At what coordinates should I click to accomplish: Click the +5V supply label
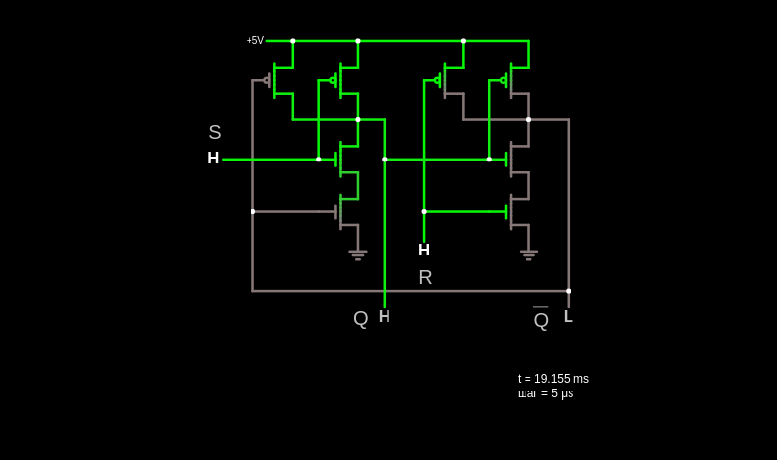[x=255, y=41]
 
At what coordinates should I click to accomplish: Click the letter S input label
[x=215, y=132]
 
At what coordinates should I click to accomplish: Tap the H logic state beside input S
[x=213, y=158]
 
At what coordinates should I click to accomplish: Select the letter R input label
[x=425, y=277]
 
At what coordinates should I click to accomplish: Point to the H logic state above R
[x=424, y=250]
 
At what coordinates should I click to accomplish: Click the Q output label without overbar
[x=361, y=318]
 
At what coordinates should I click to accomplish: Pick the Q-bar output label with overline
[x=541, y=319]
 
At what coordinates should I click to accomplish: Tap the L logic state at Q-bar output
[x=569, y=316]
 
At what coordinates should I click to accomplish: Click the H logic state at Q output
[x=385, y=316]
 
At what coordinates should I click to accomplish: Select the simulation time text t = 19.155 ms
[x=553, y=379]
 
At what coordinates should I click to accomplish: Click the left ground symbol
[x=358, y=255]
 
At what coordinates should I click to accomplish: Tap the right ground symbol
[x=529, y=255]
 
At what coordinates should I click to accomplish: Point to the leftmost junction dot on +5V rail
[x=293, y=41]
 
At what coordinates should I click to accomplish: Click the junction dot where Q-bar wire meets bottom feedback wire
[x=569, y=291]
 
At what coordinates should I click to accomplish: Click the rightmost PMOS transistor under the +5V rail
[x=517, y=80]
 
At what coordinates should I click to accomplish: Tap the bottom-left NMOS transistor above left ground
[x=347, y=212]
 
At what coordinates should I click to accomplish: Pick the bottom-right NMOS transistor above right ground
[x=519, y=212]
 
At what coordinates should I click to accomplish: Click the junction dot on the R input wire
[x=424, y=212]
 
